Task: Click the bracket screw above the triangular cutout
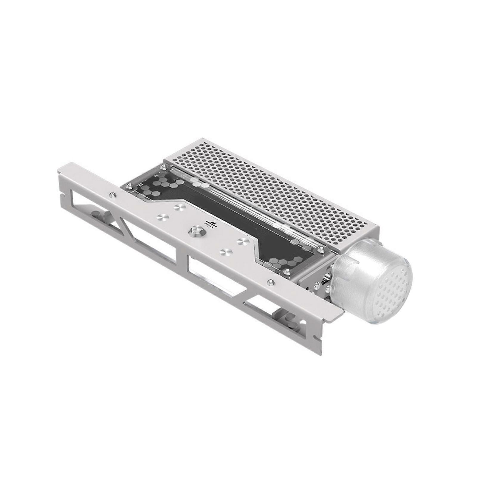click(112, 195)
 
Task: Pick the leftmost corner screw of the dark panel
click(129, 187)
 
